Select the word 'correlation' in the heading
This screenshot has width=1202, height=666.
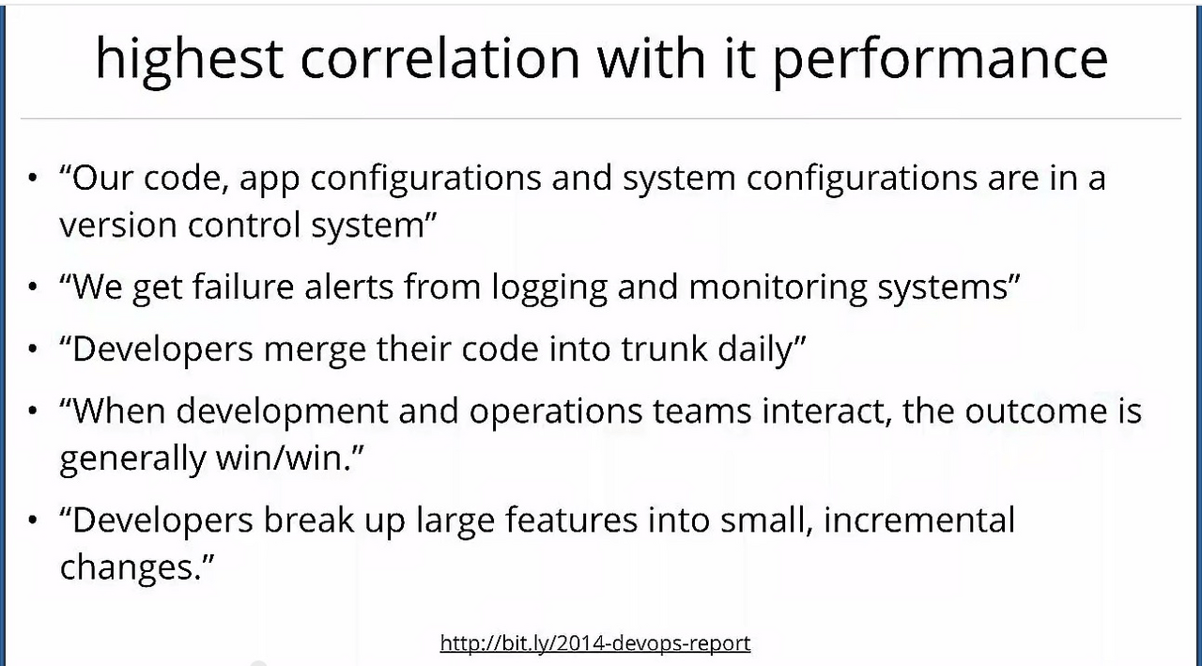pyautogui.click(x=440, y=58)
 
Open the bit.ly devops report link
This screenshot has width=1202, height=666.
pyautogui.click(x=595, y=643)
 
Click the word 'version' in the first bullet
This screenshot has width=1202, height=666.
pyautogui.click(x=118, y=225)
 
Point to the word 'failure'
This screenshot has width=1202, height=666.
pyautogui.click(x=243, y=287)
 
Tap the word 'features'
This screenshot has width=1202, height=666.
pyautogui.click(x=571, y=520)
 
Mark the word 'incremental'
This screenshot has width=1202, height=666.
pyautogui.click(x=919, y=520)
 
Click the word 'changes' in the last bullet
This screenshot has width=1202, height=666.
pyautogui.click(x=127, y=566)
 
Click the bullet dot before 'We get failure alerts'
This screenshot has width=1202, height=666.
pyautogui.click(x=33, y=287)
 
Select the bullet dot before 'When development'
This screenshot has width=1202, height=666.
pyautogui.click(x=33, y=411)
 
